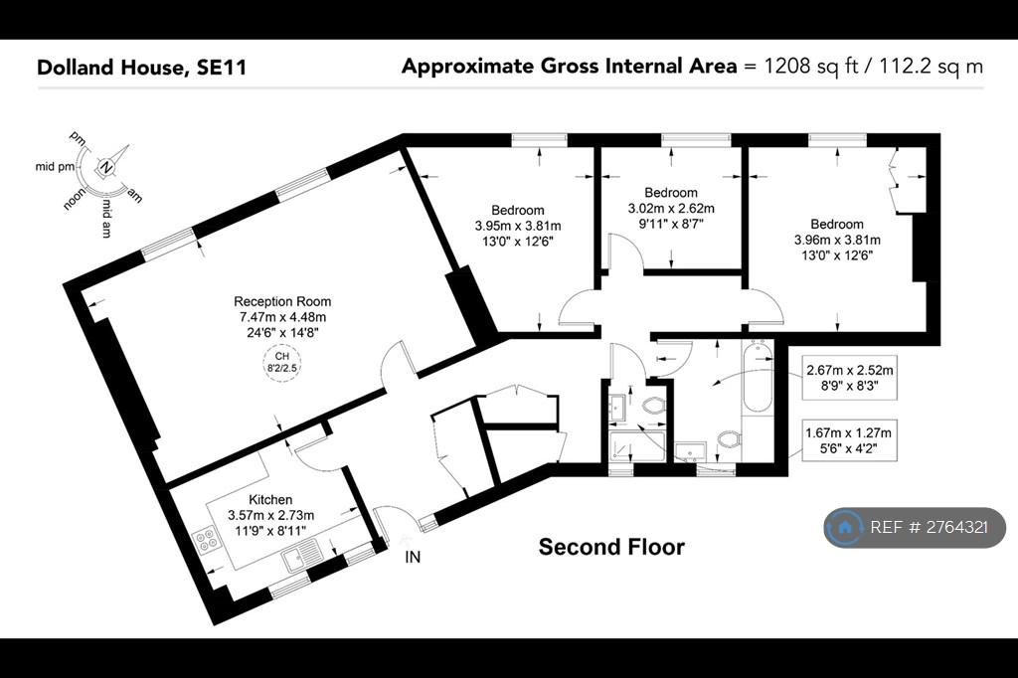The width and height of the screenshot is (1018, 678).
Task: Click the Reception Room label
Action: tap(282, 301)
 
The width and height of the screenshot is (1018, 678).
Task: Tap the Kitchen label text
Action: tap(270, 499)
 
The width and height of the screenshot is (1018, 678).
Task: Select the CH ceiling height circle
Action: tap(281, 363)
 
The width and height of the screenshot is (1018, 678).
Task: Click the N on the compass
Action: tap(106, 168)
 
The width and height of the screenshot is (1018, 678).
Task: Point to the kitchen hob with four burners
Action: tap(205, 540)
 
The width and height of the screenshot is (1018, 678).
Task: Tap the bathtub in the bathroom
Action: tap(757, 379)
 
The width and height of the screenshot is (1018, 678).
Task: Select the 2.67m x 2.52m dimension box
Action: tap(849, 378)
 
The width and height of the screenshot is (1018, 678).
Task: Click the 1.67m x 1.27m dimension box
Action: tap(849, 439)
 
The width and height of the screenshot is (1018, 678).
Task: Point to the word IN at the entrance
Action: tap(413, 557)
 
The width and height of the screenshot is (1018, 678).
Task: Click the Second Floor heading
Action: tap(611, 547)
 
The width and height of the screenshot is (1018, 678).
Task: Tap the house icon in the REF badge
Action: tap(845, 527)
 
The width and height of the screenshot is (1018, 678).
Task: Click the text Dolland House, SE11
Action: tap(141, 68)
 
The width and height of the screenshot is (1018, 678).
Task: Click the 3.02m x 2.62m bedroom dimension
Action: tap(671, 209)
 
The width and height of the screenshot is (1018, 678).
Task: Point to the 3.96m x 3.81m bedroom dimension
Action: tap(837, 240)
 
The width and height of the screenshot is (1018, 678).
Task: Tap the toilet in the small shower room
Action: tap(653, 406)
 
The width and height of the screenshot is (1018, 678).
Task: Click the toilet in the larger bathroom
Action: tap(730, 439)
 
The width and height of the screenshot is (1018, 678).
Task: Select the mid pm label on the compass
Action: tap(55, 167)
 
